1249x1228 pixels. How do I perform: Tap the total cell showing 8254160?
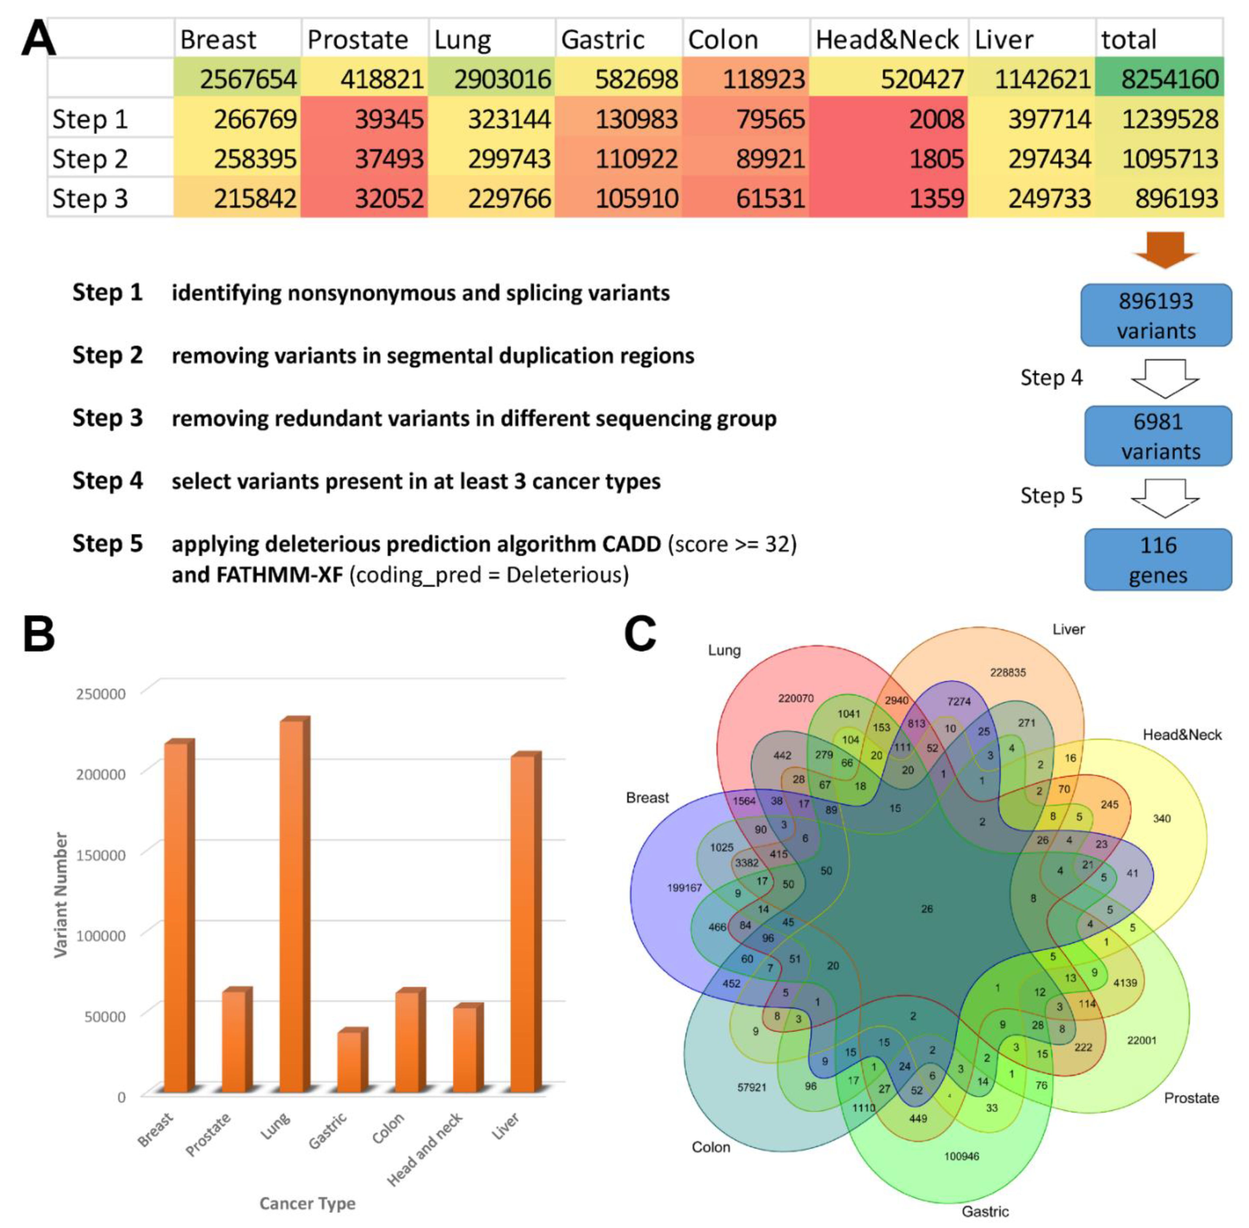click(x=1159, y=79)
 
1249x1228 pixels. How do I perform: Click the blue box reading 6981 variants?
click(x=1158, y=436)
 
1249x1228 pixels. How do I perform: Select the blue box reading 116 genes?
click(x=1158, y=559)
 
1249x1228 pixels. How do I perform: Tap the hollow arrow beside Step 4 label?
click(x=1165, y=378)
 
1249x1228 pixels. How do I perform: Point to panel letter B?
click(x=39, y=635)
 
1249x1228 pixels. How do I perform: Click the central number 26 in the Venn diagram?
click(x=927, y=909)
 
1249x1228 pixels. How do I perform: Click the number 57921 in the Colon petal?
click(x=752, y=1087)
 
